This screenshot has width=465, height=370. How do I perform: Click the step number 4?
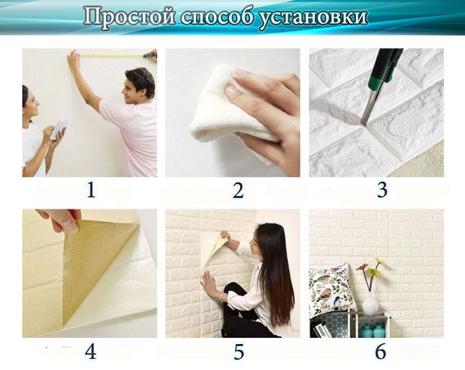tap(91, 352)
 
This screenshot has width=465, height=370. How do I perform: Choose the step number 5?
tap(238, 352)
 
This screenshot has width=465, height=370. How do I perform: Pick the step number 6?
tap(381, 352)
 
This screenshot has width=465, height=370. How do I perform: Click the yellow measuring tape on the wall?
tap(111, 56)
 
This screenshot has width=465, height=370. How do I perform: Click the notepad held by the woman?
tap(59, 129)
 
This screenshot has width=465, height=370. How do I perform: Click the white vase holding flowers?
tap(370, 303)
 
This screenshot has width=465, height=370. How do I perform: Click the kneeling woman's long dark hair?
tap(277, 271)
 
